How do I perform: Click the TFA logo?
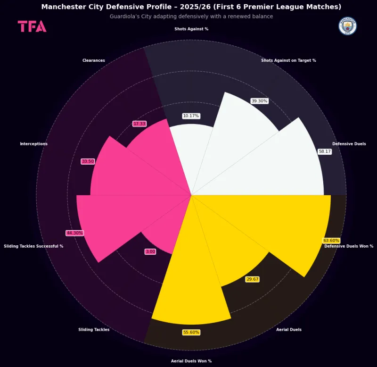click(32, 26)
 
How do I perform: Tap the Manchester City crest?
click(348, 26)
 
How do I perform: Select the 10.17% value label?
click(191, 116)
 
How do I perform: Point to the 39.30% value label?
click(259, 101)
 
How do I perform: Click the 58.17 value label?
click(325, 151)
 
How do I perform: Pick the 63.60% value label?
click(331, 241)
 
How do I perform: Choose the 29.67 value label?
click(252, 279)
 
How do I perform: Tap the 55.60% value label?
click(191, 332)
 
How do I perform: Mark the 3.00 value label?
click(150, 251)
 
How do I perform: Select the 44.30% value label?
click(74, 233)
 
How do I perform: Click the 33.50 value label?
click(88, 161)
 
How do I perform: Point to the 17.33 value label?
click(139, 124)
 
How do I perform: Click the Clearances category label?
click(93, 60)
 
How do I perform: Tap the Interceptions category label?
click(33, 144)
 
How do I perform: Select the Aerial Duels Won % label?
click(191, 361)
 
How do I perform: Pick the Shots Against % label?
click(191, 29)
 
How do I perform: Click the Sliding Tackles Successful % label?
click(33, 246)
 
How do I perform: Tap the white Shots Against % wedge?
click(191, 156)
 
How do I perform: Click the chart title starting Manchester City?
click(191, 7)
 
